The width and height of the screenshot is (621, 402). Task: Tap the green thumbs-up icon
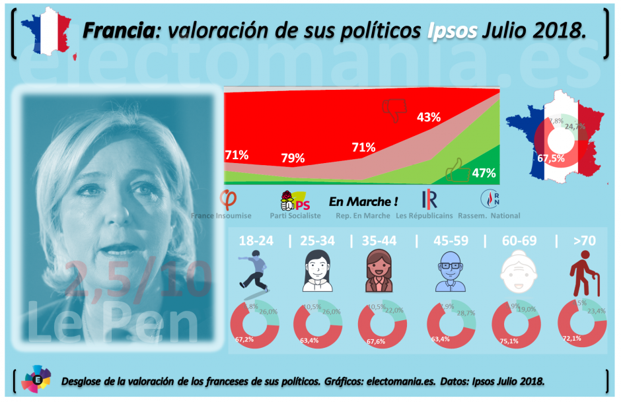[458, 170]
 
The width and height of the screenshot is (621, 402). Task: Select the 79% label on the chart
[292, 158]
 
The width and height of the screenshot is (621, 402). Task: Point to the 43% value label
[428, 117]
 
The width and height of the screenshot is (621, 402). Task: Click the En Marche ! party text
[363, 201]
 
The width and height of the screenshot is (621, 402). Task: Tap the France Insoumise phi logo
[229, 198]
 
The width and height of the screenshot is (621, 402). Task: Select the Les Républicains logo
[429, 199]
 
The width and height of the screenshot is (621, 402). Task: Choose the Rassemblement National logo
[493, 198]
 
